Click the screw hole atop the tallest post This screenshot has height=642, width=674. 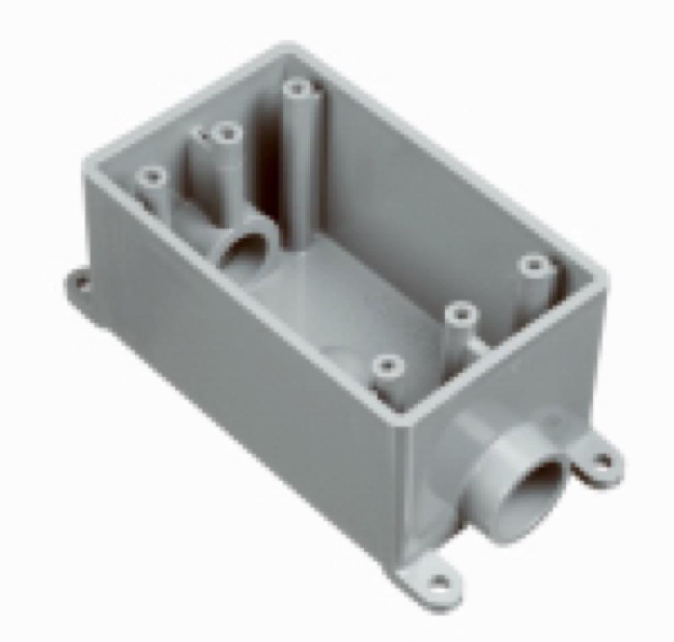click(x=297, y=88)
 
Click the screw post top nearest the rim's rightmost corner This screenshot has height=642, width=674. click(x=534, y=265)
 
